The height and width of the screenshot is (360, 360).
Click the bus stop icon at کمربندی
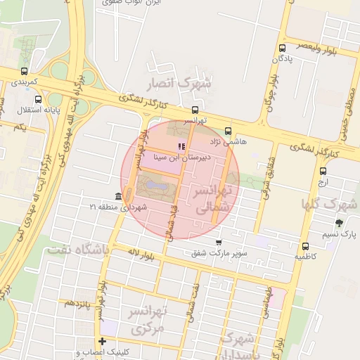tap(25, 71)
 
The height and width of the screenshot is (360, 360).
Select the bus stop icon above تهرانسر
tap(195, 110)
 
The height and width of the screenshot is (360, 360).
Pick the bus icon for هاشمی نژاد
tap(228, 131)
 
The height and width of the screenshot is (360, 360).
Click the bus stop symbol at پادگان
tap(282, 49)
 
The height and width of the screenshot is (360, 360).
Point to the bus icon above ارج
tap(323, 170)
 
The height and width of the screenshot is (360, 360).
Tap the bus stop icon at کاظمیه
tap(305, 246)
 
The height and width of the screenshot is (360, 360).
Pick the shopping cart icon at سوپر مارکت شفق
tap(219, 242)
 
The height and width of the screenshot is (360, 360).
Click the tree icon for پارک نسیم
tap(340, 223)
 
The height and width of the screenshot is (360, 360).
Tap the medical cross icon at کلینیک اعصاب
tap(103, 341)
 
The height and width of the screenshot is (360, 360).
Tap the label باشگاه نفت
tap(77, 249)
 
